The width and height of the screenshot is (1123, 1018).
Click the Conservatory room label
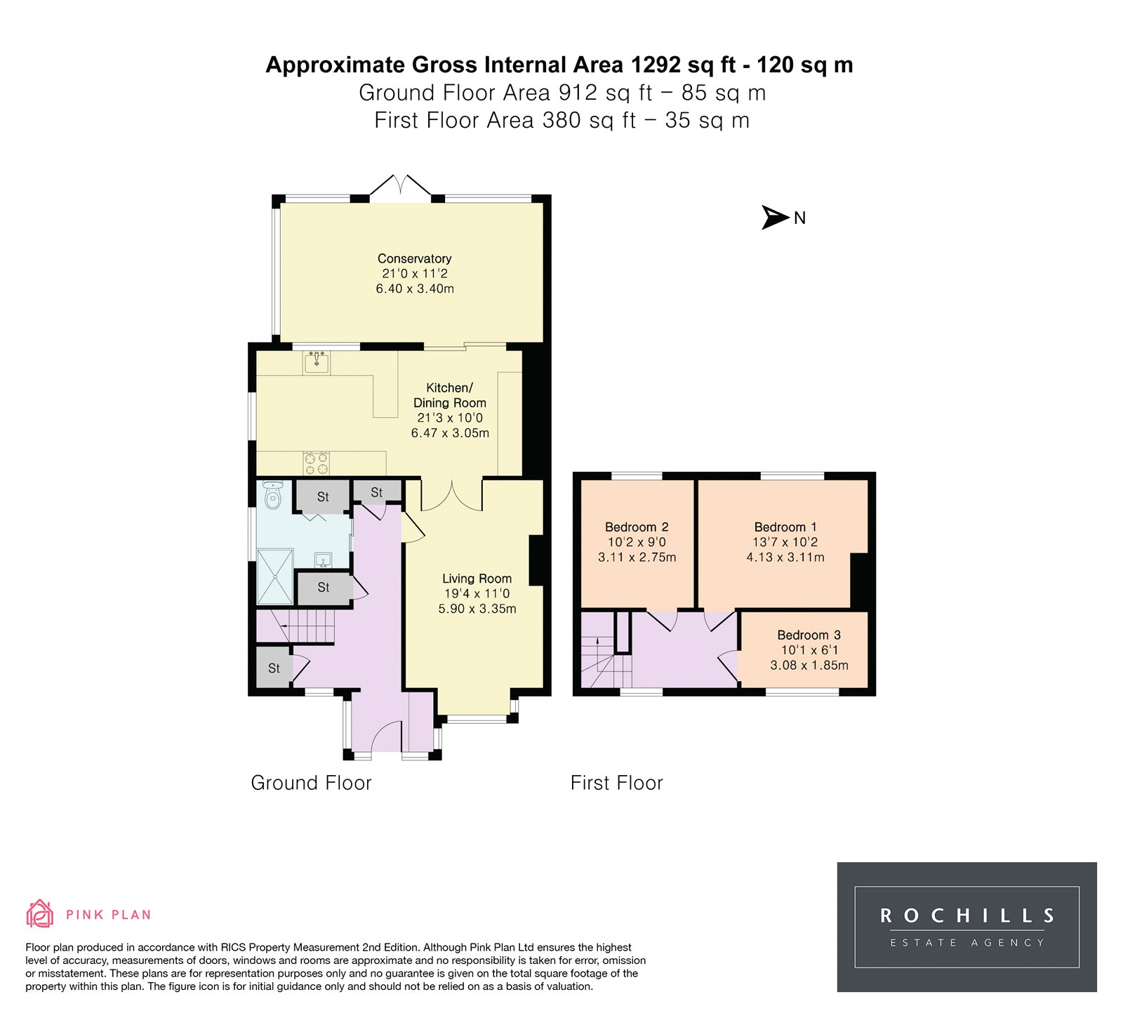[x=414, y=258]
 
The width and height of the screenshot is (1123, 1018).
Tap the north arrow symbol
[x=776, y=218]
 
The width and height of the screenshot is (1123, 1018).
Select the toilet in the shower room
[x=273, y=495]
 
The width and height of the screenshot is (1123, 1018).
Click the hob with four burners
[x=317, y=463]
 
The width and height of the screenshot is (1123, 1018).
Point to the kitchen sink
[x=317, y=362]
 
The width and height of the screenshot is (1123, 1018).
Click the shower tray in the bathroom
[x=275, y=576]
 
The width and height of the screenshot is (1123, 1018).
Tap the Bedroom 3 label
[x=809, y=635]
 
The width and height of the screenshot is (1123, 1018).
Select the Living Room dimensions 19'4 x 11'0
[x=477, y=594]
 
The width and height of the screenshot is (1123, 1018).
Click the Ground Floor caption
[x=311, y=783]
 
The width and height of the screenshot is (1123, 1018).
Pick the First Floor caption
[x=616, y=783]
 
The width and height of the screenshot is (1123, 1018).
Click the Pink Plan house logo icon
[x=40, y=913]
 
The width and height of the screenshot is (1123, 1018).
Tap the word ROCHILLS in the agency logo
[x=967, y=915]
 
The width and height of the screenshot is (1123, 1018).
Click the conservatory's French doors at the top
[x=400, y=186]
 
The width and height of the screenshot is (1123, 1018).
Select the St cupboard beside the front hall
[x=274, y=668]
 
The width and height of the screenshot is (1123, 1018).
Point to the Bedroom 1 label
[x=785, y=527]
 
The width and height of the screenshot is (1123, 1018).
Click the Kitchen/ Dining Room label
[x=449, y=395]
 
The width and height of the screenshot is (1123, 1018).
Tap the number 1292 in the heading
[x=656, y=65]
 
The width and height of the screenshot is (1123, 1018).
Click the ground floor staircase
[x=295, y=626]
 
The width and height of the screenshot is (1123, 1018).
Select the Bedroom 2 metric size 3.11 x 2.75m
[x=637, y=557]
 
